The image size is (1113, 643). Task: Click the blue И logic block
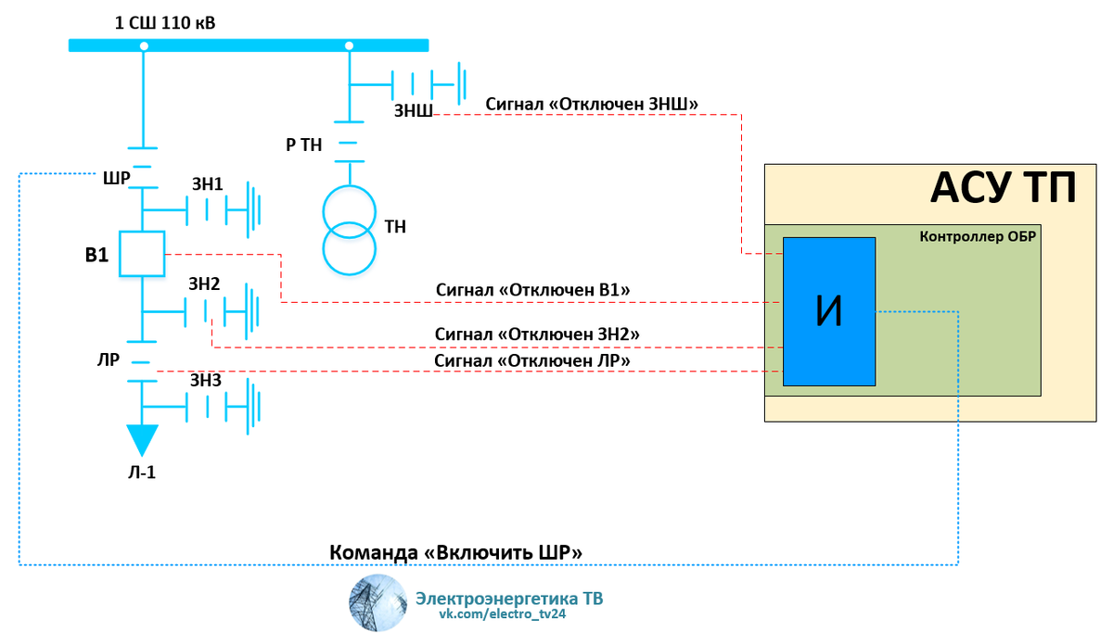(x=829, y=311)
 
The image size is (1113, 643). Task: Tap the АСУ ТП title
(x=1003, y=190)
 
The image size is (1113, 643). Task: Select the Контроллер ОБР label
(x=977, y=236)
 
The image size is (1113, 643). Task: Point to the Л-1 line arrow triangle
(x=142, y=439)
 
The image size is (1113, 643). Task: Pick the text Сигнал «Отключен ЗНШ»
(x=592, y=102)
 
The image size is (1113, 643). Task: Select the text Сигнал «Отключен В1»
(x=532, y=290)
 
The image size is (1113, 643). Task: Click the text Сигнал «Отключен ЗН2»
(x=537, y=333)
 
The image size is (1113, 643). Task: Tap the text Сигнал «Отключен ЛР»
(x=532, y=359)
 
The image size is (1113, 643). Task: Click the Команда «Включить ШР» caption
(x=456, y=552)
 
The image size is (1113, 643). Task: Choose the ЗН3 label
(x=205, y=380)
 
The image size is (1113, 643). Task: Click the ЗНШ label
(x=413, y=111)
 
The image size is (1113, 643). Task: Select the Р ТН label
(x=303, y=144)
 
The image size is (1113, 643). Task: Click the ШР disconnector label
(x=116, y=177)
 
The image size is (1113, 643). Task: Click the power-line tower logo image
(x=377, y=602)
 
